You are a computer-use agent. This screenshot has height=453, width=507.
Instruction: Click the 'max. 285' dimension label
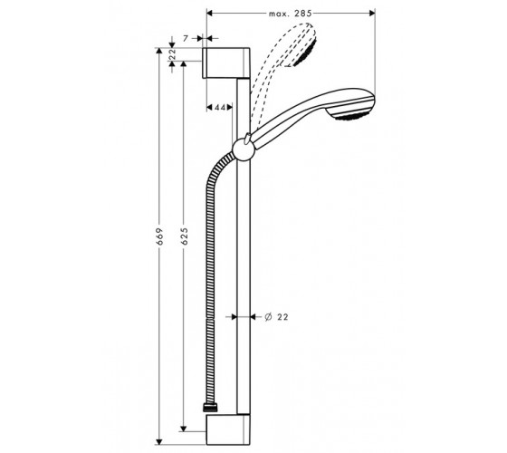pos(290,14)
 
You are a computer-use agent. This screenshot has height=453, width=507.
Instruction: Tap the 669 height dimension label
pos(158,236)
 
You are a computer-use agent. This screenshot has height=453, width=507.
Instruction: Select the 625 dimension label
pos(184,236)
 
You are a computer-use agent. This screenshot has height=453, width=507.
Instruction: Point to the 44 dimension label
pos(219,107)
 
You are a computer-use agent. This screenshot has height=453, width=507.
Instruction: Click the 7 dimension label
pos(186,38)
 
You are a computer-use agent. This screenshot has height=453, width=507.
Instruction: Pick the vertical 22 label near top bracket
pos(172,54)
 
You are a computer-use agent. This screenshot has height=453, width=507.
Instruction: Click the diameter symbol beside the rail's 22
pos(268,317)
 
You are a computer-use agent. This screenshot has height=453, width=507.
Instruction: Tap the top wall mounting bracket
pos(226,63)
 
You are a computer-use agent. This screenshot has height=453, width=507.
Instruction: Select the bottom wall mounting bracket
pos(228,429)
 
